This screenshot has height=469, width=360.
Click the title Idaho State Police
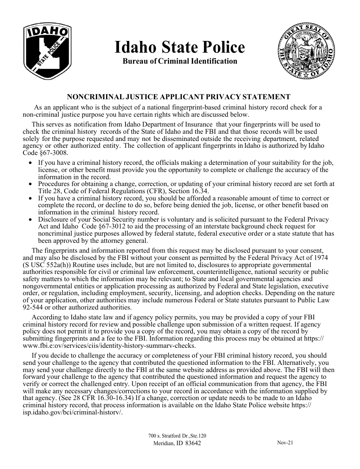pos(180,48)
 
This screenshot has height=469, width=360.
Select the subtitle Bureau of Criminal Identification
pos(180,61)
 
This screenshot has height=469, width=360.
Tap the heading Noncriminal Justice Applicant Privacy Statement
pos(179,97)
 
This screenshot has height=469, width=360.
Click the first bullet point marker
pos(31,163)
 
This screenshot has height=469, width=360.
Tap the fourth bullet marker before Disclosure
pos(31,220)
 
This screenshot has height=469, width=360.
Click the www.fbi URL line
pos(110,346)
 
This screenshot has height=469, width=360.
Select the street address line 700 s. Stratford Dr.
pos(177,436)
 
